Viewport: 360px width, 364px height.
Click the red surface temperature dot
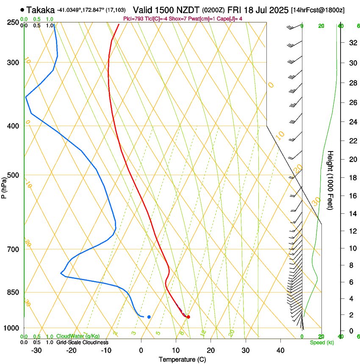188,317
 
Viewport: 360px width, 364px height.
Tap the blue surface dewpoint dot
149,317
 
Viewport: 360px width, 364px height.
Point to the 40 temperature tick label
280,350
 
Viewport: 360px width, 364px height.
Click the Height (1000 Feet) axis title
331,180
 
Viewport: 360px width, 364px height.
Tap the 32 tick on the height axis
352,43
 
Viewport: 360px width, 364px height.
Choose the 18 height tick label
352,178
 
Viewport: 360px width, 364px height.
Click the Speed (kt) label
321,342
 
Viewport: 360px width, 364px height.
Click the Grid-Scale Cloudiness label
82,342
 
